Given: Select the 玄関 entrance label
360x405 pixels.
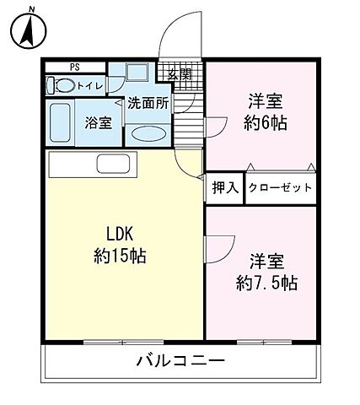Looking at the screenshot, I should click(179, 74).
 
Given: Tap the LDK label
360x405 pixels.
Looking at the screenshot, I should click(121, 234).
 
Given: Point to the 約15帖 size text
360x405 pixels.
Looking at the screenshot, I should click(121, 256).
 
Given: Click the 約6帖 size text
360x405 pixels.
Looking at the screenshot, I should click(264, 123).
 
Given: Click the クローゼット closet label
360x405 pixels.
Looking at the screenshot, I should click(281, 188).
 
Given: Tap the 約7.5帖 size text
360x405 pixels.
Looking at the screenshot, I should click(266, 281).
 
